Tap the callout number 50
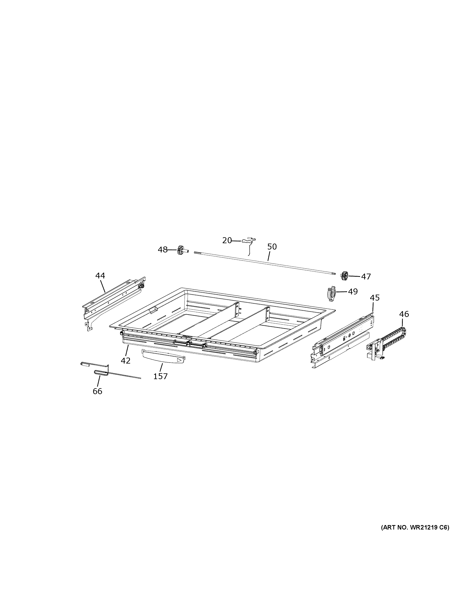coord(272,247)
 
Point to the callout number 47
coord(366,277)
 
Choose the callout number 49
coord(353,292)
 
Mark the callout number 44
coord(100,276)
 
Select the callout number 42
coord(126,361)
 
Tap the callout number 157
coord(160,376)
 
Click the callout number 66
coord(97,391)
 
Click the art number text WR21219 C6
coord(415,528)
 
